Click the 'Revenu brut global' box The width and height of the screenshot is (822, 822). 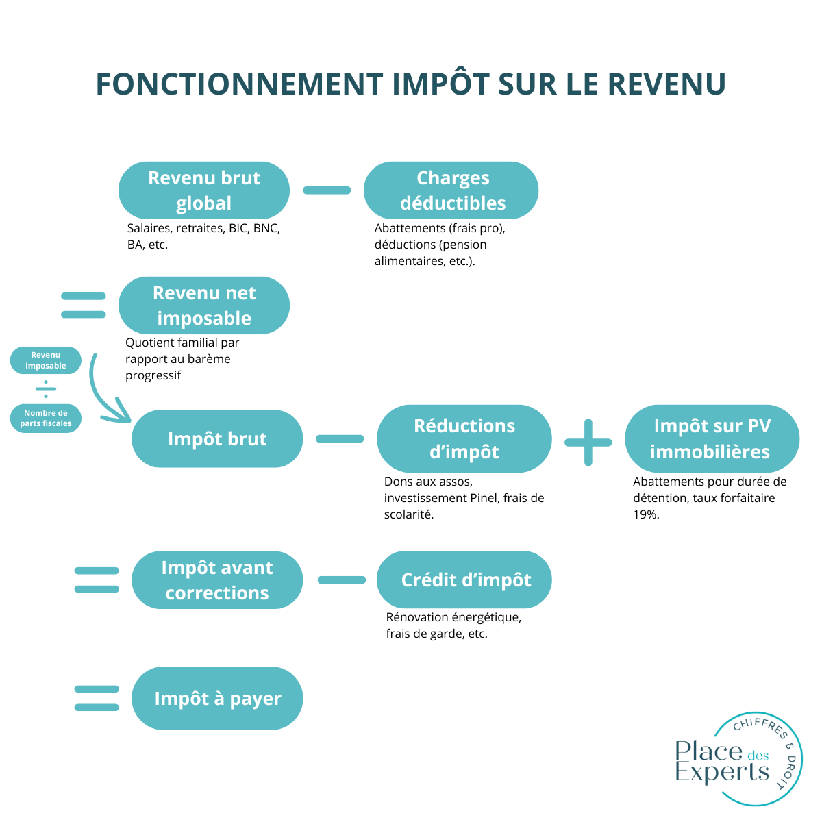coord(204,190)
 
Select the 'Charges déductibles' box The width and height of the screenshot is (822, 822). coord(451,190)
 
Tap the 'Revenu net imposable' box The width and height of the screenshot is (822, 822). coord(204,306)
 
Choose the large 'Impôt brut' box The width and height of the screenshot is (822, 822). coord(217,439)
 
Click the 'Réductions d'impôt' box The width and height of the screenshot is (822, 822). coord(464,439)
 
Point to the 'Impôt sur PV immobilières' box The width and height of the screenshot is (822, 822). coord(712,439)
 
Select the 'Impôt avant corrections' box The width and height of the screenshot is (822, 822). coord(217,580)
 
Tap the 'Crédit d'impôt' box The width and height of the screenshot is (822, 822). coord(464,580)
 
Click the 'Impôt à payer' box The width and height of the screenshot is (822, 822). coord(217,699)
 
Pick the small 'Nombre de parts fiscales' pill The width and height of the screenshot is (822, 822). coord(46,419)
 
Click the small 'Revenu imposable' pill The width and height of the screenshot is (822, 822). coord(46,360)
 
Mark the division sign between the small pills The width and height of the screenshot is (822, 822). coord(46,389)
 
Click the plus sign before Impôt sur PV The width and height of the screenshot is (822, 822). coord(588,443)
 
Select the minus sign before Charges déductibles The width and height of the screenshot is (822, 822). coord(327,190)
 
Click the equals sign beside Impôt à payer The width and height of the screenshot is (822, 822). coord(97,699)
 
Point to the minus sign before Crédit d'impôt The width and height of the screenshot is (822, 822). coord(342,580)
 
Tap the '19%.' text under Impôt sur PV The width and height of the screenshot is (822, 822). coord(646,514)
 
